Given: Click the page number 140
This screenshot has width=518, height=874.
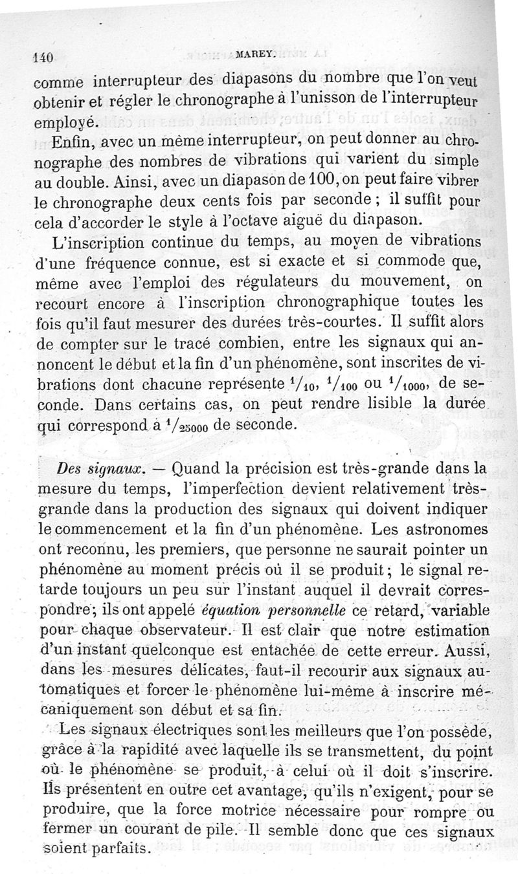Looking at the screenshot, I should coord(44,56).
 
